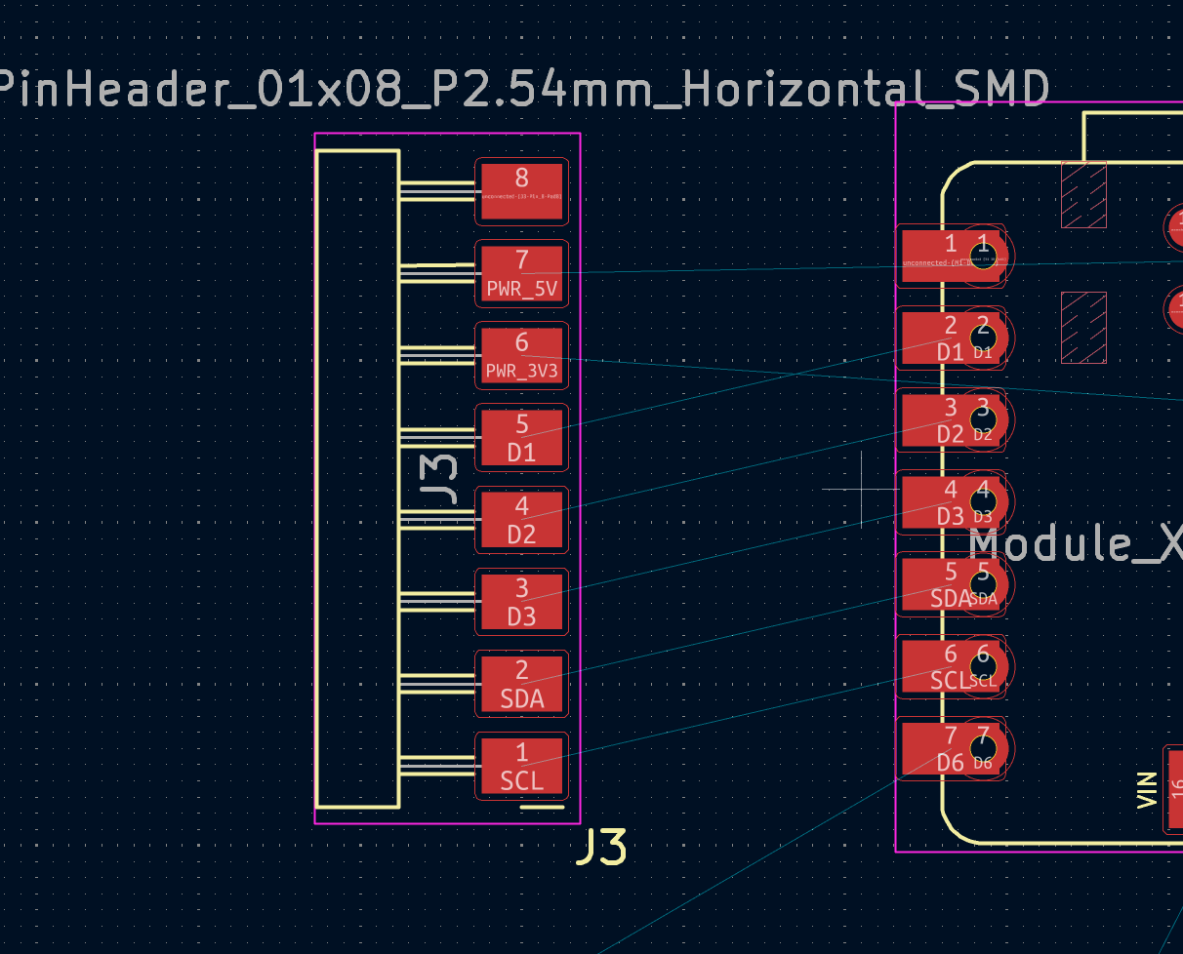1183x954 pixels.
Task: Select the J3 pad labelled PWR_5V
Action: [x=521, y=273]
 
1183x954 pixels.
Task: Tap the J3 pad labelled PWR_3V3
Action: [x=521, y=355]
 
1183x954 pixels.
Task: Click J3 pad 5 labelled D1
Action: [x=521, y=437]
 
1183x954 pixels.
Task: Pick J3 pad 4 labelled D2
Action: [x=521, y=519]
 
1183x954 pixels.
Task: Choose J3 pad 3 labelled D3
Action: [x=521, y=601]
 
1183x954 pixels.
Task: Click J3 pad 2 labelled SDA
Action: [x=521, y=683]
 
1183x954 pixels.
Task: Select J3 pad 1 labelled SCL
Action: [x=521, y=765]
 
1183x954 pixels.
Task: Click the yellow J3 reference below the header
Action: [x=601, y=847]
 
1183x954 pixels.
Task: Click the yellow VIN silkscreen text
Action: [x=1148, y=789]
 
